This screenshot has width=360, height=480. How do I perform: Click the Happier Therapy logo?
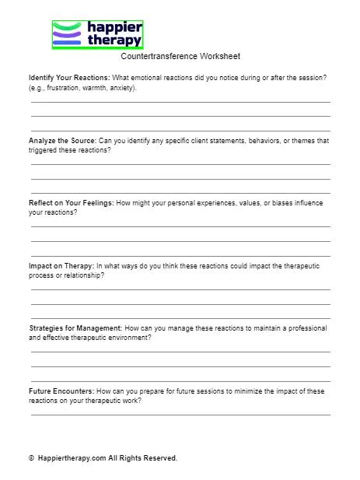(x=97, y=35)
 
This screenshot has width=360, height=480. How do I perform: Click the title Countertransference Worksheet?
(x=180, y=57)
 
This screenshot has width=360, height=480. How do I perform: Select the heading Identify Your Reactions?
(x=69, y=79)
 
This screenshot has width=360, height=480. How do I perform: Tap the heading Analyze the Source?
(x=62, y=141)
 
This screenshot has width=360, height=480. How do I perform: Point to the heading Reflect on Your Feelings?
(x=71, y=203)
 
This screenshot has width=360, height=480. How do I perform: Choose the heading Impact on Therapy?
(x=61, y=266)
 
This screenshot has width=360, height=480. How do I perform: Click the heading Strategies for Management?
(x=75, y=328)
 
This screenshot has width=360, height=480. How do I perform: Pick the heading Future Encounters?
(x=61, y=391)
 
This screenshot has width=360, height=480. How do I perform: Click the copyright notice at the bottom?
(x=103, y=458)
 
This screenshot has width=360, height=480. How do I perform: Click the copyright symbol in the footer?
(x=31, y=458)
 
